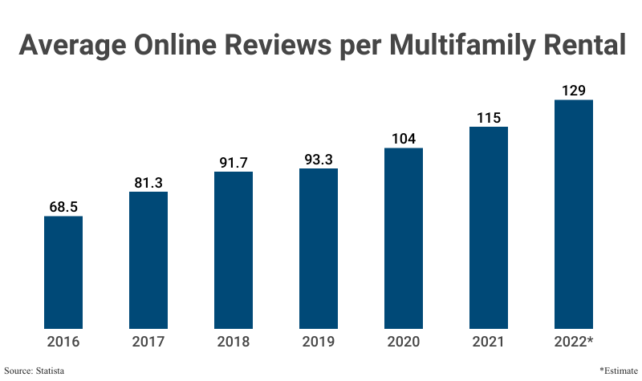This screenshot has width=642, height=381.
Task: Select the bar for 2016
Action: (x=63, y=273)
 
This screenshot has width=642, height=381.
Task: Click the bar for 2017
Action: (x=148, y=261)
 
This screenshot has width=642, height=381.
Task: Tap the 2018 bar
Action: (x=234, y=250)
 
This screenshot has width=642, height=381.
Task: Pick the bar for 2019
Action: (x=319, y=249)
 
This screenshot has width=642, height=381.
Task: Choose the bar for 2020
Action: (x=404, y=238)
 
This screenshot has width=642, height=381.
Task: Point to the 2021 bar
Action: (x=489, y=228)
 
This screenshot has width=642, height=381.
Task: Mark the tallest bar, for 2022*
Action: (x=574, y=214)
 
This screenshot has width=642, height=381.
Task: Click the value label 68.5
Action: (x=63, y=207)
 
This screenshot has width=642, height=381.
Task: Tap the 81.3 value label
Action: (x=148, y=183)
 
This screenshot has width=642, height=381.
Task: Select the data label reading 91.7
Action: (x=234, y=163)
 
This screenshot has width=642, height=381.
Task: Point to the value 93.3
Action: (x=319, y=160)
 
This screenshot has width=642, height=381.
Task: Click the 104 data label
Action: (x=404, y=139)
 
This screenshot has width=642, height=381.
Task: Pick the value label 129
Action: (x=574, y=91)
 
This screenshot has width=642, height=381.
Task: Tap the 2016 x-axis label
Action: (x=63, y=342)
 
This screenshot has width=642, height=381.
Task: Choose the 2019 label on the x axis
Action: (x=319, y=342)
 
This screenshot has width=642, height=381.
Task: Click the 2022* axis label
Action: (x=574, y=342)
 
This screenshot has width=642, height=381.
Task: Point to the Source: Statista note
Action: (x=35, y=371)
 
